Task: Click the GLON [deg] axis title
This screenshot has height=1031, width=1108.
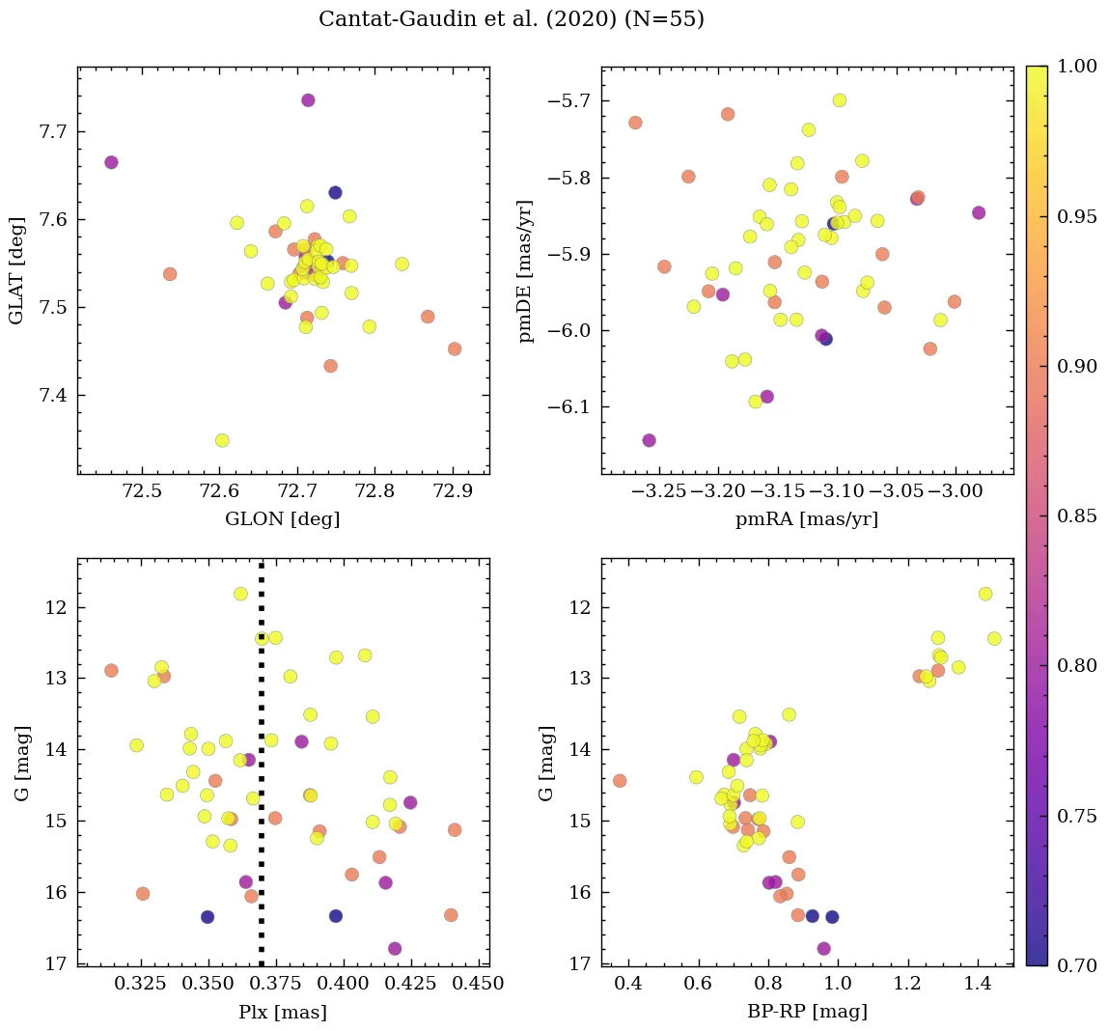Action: click(282, 519)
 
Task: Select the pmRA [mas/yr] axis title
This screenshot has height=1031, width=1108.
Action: click(807, 519)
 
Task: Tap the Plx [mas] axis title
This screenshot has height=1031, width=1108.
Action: click(282, 1012)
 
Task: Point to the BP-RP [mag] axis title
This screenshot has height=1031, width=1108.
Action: click(807, 1012)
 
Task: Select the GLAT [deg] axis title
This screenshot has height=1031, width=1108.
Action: click(16, 270)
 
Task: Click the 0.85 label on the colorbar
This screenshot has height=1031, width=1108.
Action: click(1076, 515)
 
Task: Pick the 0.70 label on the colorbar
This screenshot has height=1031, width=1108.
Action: click(1076, 965)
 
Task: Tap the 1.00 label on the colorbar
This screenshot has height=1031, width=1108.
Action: click(1076, 67)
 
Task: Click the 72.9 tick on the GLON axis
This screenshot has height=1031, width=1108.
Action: click(453, 490)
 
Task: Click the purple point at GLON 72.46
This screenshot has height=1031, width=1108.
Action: click(111, 162)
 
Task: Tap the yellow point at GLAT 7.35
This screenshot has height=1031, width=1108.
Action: click(222, 440)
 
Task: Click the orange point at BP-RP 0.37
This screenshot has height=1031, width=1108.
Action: click(620, 781)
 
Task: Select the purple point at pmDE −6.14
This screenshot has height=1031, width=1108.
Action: click(649, 440)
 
